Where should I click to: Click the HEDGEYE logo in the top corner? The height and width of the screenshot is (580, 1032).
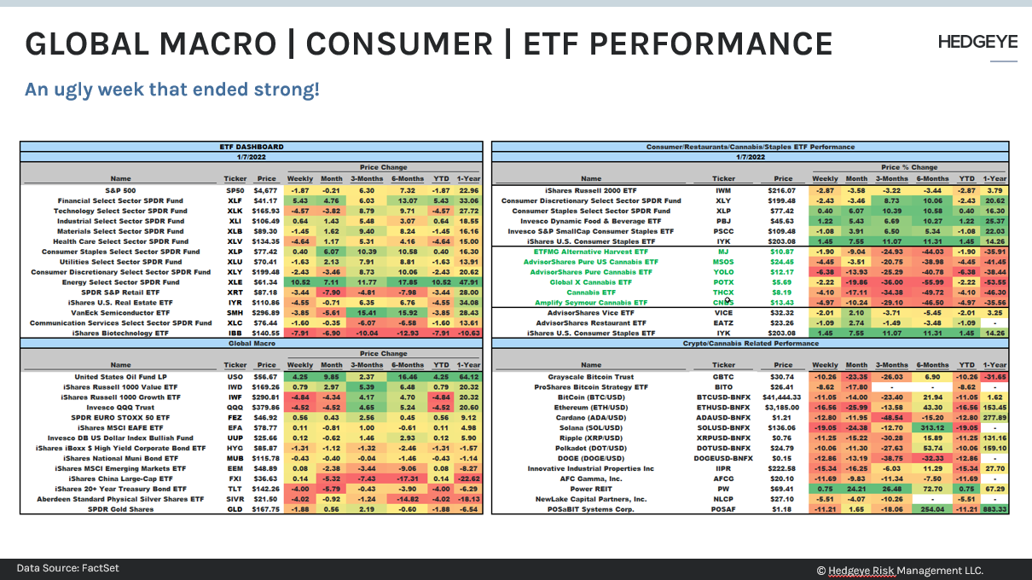[977, 42]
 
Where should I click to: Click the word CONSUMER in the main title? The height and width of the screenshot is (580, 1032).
[397, 44]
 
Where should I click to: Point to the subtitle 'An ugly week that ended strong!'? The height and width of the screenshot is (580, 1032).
[171, 89]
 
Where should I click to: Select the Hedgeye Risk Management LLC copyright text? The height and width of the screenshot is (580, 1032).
[900, 570]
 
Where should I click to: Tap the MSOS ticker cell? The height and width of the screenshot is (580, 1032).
[723, 261]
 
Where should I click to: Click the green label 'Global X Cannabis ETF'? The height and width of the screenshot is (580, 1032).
[591, 281]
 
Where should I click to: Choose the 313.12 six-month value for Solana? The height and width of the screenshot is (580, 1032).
[931, 427]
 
